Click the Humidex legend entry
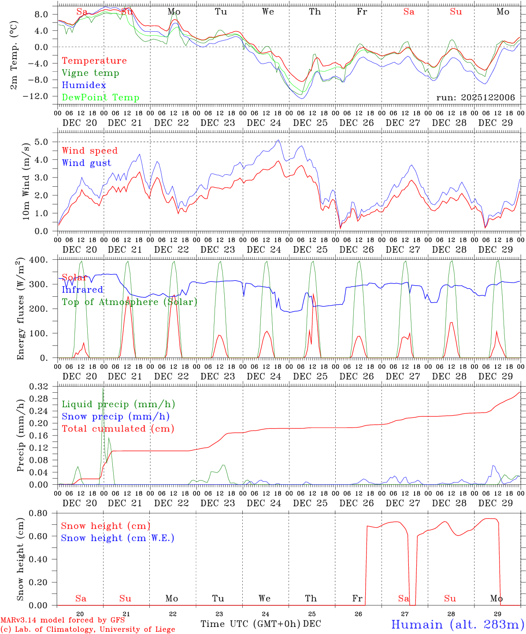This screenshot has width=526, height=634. tap(84, 85)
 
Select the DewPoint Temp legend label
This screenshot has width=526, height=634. tap(100, 98)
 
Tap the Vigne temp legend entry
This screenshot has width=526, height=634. tap(90, 73)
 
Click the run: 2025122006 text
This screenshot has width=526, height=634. tap(475, 98)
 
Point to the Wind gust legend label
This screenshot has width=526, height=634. tap(86, 163)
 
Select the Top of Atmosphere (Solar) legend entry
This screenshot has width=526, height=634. tap(129, 302)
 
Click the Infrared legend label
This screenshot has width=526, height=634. tap(82, 290)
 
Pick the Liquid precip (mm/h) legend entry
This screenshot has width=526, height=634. tap(118, 404)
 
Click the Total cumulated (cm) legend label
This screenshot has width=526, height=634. tap(118, 429)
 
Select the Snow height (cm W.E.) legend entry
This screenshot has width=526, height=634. tap(118, 538)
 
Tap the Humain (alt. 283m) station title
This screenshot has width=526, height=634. tap(457, 624)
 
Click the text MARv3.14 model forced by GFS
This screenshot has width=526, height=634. tap(62, 620)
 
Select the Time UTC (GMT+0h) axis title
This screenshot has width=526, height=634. tap(250, 624)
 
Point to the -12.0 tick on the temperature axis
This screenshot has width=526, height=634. tap(41, 96)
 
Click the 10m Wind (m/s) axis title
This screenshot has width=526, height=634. tap(26, 181)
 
